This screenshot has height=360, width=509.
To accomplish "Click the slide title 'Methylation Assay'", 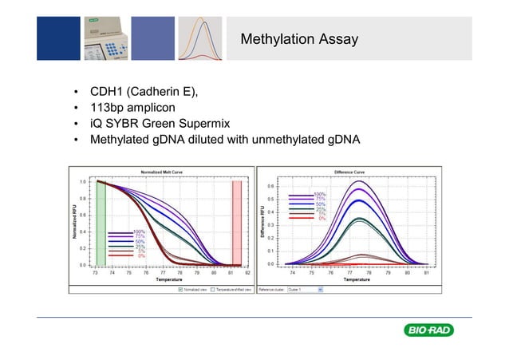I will click(x=299, y=39).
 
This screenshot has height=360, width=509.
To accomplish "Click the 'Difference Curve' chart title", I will click(x=349, y=172).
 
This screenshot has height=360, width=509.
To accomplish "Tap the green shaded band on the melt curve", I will click(x=101, y=223).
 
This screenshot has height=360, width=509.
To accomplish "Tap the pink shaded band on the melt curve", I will click(x=236, y=223).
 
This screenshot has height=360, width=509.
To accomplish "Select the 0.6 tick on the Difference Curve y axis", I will click(x=270, y=187).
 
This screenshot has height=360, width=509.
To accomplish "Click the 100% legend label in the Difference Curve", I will click(x=320, y=194).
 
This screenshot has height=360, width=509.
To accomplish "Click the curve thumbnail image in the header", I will click(x=199, y=37).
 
